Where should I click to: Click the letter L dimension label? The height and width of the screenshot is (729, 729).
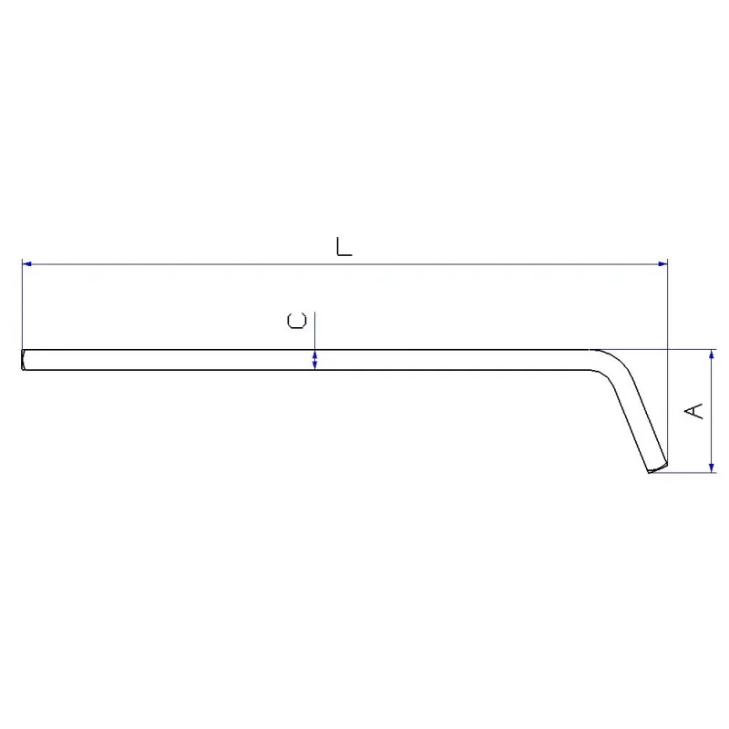pos(344,246)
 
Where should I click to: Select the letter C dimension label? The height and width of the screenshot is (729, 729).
pos(297,321)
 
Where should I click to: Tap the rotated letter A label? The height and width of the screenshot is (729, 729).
pos(693,411)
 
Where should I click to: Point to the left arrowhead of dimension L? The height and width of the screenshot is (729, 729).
pos(27,264)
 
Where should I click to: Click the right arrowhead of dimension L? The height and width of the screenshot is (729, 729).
pos(662,264)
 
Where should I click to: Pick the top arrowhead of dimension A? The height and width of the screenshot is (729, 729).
pos(712,354)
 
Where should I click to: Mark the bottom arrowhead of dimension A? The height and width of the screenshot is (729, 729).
pos(712,467)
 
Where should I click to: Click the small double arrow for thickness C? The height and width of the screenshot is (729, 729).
pos(314,360)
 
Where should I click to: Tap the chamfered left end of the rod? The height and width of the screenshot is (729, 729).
pos(24,360)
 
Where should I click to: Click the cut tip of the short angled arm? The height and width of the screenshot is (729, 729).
pos(658,467)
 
